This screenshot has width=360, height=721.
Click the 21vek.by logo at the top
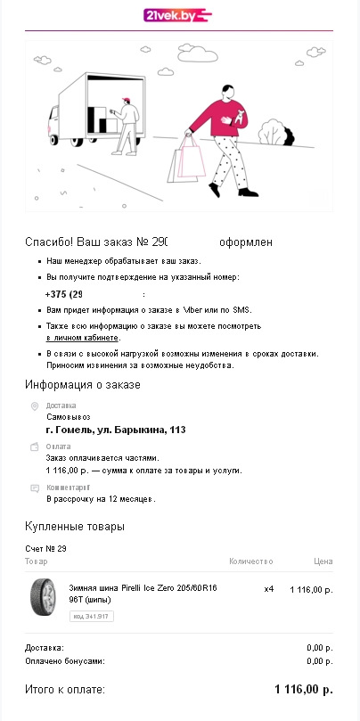[179, 15]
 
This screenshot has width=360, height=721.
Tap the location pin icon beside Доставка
[35, 406]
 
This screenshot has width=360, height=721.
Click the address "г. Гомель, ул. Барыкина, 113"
[116, 430]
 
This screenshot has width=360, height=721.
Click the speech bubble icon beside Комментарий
[35, 487]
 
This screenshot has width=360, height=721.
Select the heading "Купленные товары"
[75, 527]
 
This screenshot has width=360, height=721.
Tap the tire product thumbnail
[45, 594]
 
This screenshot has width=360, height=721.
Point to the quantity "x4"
[269, 590]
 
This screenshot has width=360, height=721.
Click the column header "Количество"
[250, 562]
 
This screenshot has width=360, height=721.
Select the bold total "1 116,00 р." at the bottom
[303, 690]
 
